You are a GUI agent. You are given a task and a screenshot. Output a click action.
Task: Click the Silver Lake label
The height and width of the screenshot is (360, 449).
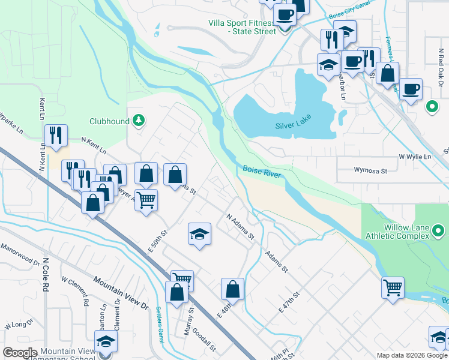(x=294, y=126)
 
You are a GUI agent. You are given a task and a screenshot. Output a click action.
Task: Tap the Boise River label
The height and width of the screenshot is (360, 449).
(x=262, y=170)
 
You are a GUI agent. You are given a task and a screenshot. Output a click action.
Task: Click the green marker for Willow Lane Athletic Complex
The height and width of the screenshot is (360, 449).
(x=438, y=230)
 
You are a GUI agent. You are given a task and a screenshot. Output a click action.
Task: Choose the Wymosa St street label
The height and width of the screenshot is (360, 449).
(x=357, y=171)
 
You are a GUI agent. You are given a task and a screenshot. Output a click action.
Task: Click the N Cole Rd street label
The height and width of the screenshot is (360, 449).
(x=44, y=277)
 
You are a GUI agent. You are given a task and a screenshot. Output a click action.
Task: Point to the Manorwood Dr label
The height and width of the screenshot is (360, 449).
(x=20, y=254)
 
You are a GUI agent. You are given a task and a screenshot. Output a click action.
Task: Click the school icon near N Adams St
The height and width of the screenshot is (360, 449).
(x=200, y=235)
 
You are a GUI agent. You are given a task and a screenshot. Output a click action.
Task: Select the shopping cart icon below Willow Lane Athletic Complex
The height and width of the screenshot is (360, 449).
(x=393, y=287)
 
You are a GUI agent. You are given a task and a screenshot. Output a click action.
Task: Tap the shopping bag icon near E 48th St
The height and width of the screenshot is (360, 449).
(x=232, y=290)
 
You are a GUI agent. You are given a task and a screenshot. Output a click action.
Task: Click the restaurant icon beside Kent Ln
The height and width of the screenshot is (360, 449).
(x=56, y=135)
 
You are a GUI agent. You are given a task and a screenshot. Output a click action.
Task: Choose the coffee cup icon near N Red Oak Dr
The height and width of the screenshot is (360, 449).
(x=411, y=89)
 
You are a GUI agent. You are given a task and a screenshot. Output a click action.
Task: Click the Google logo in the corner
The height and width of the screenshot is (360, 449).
(x=20, y=353)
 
